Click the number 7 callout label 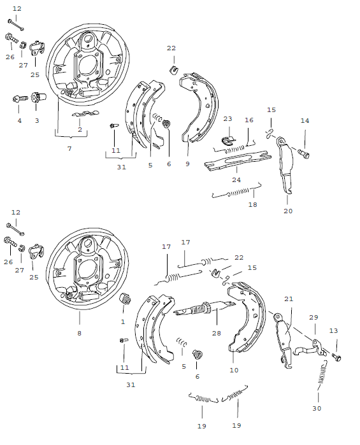click(x=69, y=148)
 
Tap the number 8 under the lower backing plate click(x=80, y=333)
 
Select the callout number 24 click(x=236, y=180)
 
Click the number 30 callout click(x=317, y=408)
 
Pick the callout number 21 click(x=288, y=299)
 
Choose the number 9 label click(x=187, y=164)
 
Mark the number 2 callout click(x=80, y=130)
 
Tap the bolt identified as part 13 click(x=336, y=357)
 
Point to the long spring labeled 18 click(x=236, y=192)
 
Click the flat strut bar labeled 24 click(x=236, y=163)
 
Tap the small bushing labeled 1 click(x=125, y=299)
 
